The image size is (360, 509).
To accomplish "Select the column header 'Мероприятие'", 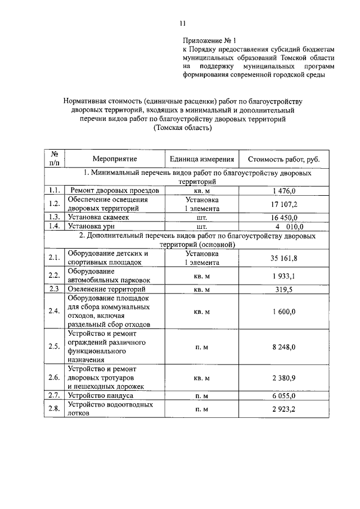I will (115, 159).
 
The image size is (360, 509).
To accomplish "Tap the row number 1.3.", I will (55, 217).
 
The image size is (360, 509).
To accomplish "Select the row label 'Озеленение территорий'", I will (106, 289).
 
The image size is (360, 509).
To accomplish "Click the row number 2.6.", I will (55, 378).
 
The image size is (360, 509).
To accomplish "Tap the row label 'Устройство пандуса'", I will (101, 396).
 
